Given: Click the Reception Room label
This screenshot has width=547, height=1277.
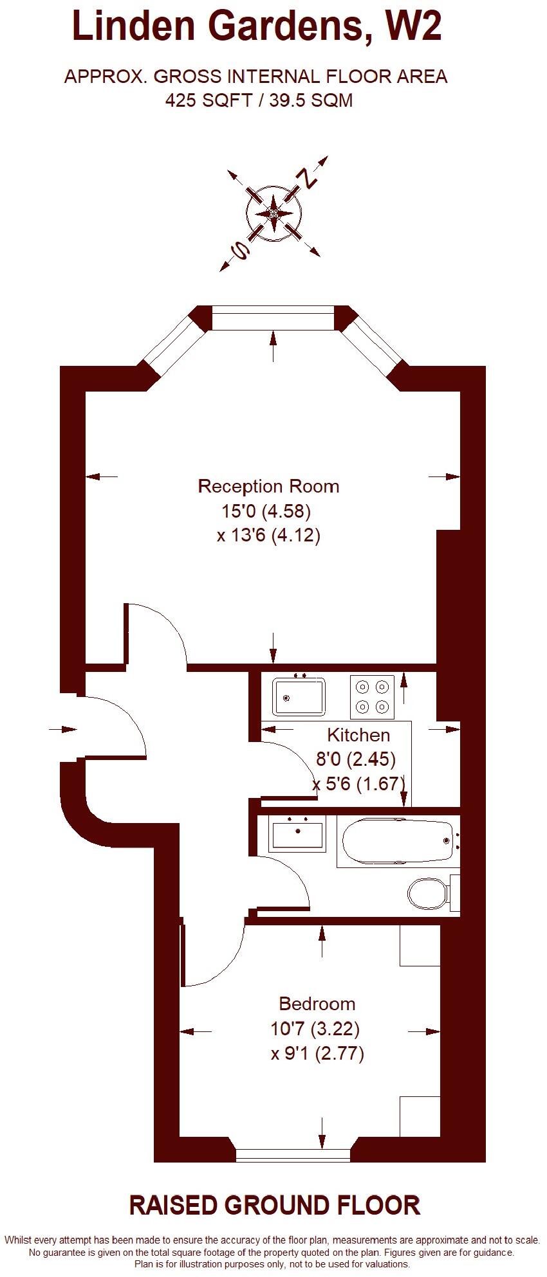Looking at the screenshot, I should [x=268, y=486].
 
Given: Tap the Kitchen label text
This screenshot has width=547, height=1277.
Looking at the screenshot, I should [x=358, y=735].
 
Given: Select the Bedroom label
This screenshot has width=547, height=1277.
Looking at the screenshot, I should [x=317, y=1004].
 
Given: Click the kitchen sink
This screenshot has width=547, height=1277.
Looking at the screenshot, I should [x=299, y=696].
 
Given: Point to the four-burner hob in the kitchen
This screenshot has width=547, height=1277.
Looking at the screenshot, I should [x=373, y=697].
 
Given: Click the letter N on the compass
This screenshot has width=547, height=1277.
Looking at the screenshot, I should [x=310, y=178].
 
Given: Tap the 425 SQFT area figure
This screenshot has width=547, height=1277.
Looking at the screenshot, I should [x=208, y=100].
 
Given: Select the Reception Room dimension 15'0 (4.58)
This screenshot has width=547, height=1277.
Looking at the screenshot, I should [x=266, y=511].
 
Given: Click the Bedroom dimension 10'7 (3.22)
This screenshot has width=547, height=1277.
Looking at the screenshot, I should [x=315, y=1029].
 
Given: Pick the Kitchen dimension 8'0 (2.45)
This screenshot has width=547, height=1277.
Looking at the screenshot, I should [x=355, y=759].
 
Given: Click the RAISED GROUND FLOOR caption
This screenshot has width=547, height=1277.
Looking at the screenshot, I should [x=275, y=1206].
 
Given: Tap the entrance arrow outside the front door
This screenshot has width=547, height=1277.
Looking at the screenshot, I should [x=62, y=729].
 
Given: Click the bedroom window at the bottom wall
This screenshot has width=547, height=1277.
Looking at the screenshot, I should [x=293, y=1155].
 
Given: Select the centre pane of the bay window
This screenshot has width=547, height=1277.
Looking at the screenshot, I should [x=273, y=318].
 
